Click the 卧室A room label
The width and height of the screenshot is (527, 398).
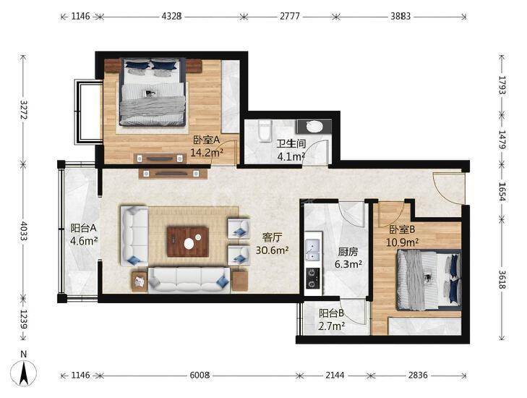pyautogui.click(x=206, y=140)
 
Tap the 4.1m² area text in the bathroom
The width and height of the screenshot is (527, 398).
pyautogui.click(x=291, y=157)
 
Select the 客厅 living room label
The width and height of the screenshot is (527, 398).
pyautogui.click(x=272, y=237)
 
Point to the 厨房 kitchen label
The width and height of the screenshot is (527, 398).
pyautogui.click(x=348, y=252)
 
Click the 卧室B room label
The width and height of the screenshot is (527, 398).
pyautogui.click(x=403, y=229)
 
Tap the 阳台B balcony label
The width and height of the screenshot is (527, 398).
pyautogui.click(x=331, y=313)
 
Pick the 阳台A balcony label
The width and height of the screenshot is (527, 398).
pyautogui.click(x=84, y=228)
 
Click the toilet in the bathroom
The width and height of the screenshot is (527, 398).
pyautogui.click(x=265, y=130)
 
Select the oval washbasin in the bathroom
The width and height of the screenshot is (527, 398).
pyautogui.click(x=314, y=127)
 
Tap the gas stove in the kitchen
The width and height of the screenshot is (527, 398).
pyautogui.click(x=313, y=278)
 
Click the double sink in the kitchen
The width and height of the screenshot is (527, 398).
pyautogui.click(x=313, y=250)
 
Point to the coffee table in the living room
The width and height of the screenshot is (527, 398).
pyautogui.click(x=188, y=242)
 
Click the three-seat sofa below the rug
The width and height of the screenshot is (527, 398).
pyautogui.click(x=189, y=279)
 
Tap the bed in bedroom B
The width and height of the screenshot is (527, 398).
pyautogui.click(x=429, y=280)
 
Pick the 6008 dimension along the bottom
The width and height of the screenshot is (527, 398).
pyautogui.click(x=200, y=375)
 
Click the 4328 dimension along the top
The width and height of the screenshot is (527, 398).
pyautogui.click(x=172, y=16)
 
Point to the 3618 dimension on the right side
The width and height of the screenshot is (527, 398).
pyautogui.click(x=502, y=279)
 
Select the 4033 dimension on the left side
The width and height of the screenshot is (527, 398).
pyautogui.click(x=24, y=231)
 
